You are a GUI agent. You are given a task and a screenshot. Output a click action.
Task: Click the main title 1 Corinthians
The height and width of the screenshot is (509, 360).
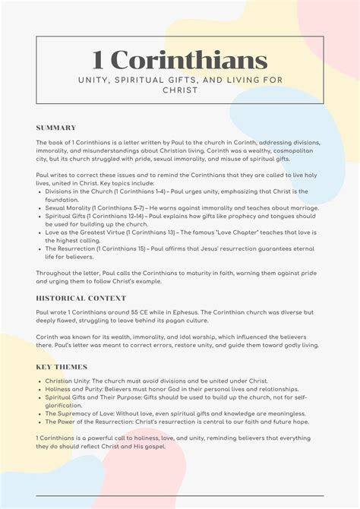[179, 60]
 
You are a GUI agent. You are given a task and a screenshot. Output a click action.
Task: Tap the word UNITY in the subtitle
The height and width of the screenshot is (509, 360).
[94, 80]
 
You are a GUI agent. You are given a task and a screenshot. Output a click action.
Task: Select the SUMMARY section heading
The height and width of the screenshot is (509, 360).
[55, 128]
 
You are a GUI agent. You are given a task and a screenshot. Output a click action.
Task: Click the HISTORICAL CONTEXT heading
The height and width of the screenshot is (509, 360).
[81, 299]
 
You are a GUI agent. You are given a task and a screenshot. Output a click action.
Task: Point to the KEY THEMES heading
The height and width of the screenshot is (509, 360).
[61, 367]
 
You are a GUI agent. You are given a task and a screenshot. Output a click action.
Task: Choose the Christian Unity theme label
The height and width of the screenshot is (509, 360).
[70, 381]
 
